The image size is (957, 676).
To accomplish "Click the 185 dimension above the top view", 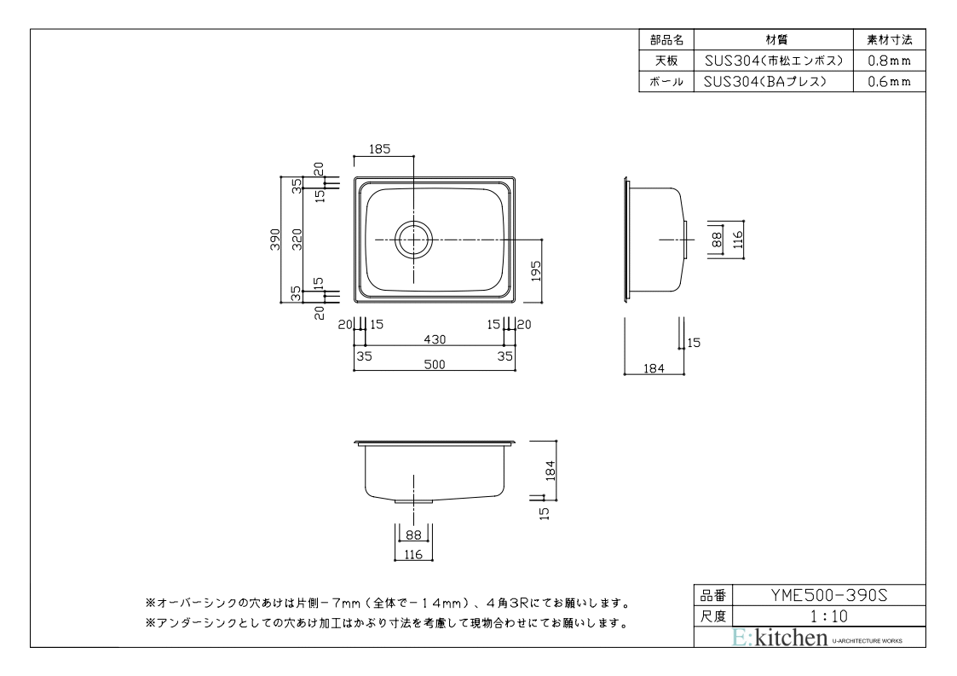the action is click(379, 149).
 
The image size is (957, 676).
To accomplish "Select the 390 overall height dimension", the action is click(275, 239).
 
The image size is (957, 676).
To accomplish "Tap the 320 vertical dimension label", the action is click(297, 239).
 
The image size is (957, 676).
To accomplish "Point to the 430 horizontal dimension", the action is click(435, 339).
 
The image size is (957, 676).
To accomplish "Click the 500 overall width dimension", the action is click(435, 365).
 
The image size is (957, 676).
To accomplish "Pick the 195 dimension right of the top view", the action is click(536, 271).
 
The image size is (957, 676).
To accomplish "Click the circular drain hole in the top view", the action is click(414, 240).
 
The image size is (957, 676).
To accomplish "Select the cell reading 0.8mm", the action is click(890, 61).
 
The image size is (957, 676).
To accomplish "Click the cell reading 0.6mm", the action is click(890, 82).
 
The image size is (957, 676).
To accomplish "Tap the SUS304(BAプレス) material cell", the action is click(773, 82).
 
